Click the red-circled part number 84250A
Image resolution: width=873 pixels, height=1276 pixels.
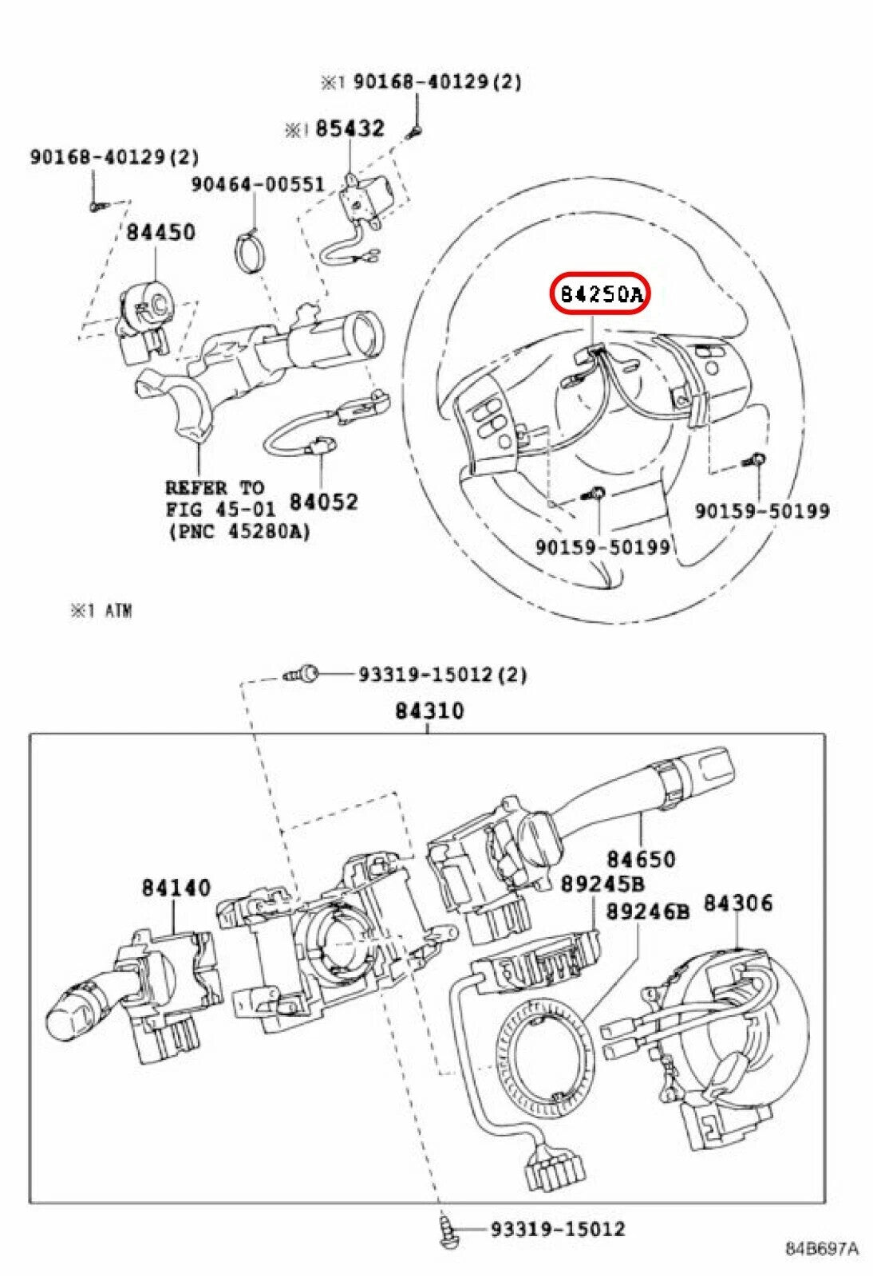(x=600, y=295)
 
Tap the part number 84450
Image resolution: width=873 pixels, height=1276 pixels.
(x=160, y=232)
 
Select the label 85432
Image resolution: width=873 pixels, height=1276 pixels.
(x=350, y=128)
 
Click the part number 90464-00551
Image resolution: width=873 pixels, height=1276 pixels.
(x=257, y=184)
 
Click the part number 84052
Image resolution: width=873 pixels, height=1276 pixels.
(x=323, y=502)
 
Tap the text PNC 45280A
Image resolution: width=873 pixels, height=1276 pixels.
(x=239, y=531)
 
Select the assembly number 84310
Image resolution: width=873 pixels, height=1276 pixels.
(x=429, y=710)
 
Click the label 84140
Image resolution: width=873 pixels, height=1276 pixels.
(x=176, y=887)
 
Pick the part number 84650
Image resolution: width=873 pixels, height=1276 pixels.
(x=640, y=859)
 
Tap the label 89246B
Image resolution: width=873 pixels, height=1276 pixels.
(x=647, y=911)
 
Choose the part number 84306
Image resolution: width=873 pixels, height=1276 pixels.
(x=737, y=903)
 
